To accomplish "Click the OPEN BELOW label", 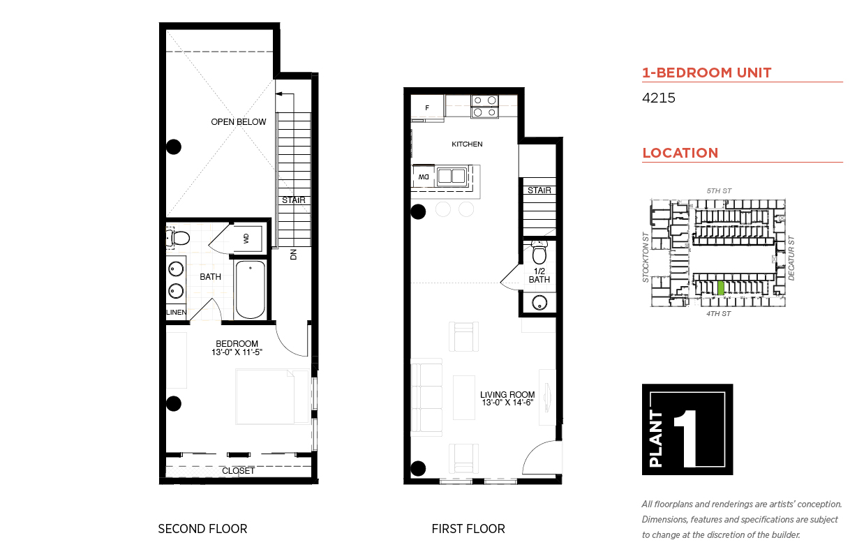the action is [x=239, y=122].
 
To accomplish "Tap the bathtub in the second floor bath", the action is [x=251, y=290].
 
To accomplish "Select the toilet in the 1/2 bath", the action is [x=539, y=253].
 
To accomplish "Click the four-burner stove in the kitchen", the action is [x=485, y=106].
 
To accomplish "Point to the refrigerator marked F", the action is [x=427, y=108].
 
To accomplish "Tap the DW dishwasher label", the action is [x=423, y=177].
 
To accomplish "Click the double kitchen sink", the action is [x=452, y=176].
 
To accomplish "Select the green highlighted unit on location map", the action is [x=721, y=288].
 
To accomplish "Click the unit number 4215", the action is [x=658, y=98].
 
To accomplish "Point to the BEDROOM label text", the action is [x=237, y=343].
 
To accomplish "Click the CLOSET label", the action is [x=239, y=471].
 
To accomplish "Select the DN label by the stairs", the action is [x=293, y=255].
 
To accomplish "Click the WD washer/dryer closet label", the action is [x=246, y=239].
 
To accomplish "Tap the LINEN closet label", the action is [x=177, y=312].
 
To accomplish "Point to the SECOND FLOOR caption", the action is [x=202, y=529].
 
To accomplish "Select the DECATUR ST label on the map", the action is [x=791, y=258].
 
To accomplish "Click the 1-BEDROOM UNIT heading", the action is [x=707, y=73].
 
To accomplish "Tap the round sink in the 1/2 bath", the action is [x=539, y=303].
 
